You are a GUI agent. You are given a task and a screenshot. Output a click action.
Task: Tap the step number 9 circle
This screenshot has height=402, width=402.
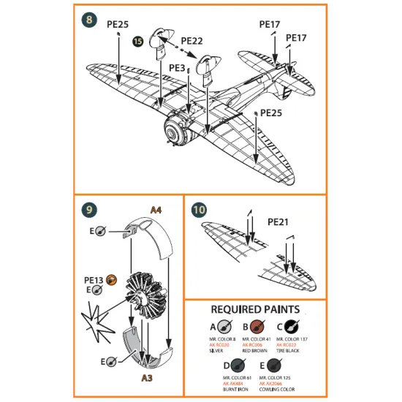click(x=88, y=210)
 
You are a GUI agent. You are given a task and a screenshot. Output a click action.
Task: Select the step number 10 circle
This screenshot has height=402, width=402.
click(x=199, y=210)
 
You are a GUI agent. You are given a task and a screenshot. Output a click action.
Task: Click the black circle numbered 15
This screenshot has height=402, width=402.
click(x=138, y=42)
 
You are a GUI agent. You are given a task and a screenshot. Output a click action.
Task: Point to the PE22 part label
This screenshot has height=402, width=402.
click(x=192, y=41)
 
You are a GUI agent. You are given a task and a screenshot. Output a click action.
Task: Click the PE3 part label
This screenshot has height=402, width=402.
click(x=177, y=67)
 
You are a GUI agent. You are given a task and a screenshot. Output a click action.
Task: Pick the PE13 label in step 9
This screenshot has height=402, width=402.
click(x=94, y=279)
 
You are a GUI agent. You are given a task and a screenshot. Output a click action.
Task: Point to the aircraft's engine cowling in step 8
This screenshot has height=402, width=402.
click(x=174, y=133)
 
